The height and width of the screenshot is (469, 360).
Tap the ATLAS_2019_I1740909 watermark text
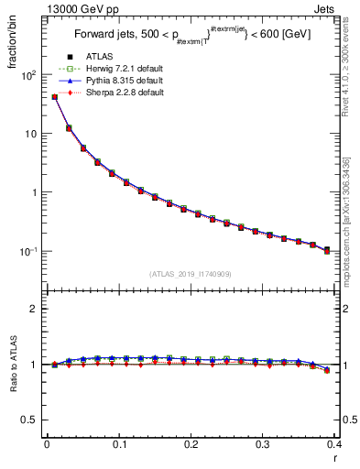[191, 274]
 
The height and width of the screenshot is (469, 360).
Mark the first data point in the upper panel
[54, 96]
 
